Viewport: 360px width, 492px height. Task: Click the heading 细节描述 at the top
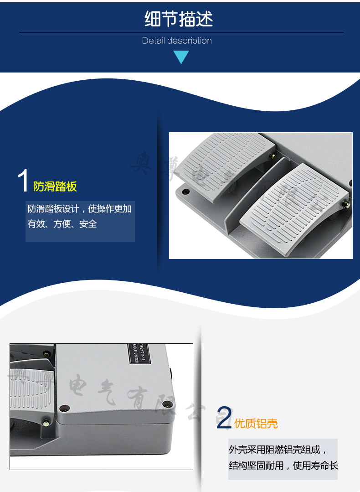[179, 19]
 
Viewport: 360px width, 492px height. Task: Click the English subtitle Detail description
[177, 41]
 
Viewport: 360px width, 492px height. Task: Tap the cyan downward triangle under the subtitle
[181, 57]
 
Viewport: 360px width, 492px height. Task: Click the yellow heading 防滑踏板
[55, 186]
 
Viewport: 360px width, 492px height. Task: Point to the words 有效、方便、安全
[62, 224]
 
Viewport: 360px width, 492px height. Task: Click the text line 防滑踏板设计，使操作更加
[80, 209]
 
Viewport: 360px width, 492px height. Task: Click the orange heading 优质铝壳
[256, 424]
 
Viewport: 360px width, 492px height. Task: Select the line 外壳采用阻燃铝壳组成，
[278, 450]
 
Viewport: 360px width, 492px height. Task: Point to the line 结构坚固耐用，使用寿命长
[283, 466]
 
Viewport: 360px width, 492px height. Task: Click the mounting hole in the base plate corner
[185, 192]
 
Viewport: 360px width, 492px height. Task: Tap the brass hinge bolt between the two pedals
[273, 156]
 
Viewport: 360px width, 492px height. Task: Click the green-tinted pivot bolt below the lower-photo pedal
[46, 423]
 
